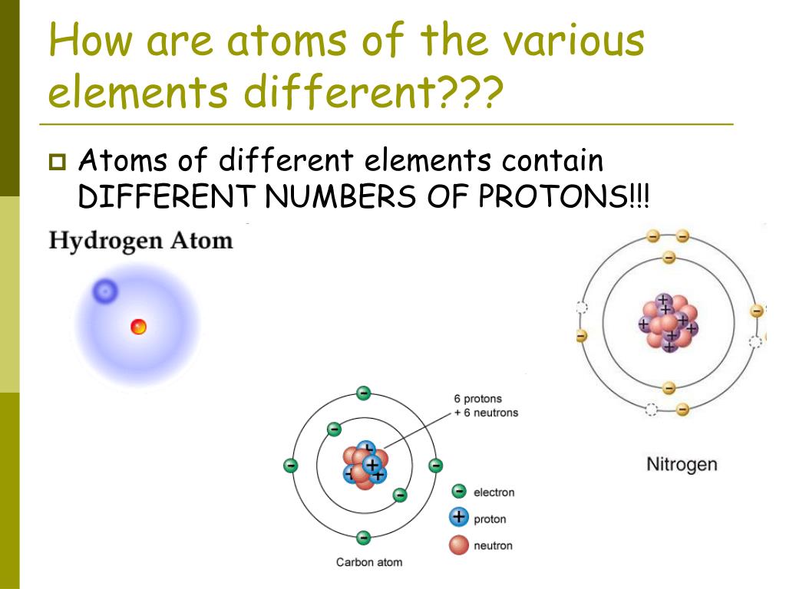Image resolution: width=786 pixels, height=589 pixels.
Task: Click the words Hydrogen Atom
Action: click(140, 241)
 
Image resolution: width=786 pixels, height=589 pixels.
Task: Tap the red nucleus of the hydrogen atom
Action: click(138, 327)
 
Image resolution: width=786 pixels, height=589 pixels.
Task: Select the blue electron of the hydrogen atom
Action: click(105, 291)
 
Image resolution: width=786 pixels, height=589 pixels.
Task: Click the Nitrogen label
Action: click(682, 464)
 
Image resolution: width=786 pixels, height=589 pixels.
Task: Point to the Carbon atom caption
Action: click(368, 562)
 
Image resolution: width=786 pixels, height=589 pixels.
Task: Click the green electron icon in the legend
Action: click(459, 492)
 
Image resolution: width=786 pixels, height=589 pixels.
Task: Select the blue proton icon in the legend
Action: click(459, 518)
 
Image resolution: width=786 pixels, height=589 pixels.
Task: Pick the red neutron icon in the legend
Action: click(459, 545)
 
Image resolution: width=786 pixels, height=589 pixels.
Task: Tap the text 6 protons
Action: click(477, 399)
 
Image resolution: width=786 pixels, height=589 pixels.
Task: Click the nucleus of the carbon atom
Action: click(365, 465)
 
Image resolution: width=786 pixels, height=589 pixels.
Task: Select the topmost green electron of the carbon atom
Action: click(364, 393)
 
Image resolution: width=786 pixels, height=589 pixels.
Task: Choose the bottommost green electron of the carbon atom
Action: click(364, 537)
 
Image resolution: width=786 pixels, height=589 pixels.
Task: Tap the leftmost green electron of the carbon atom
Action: click(291, 465)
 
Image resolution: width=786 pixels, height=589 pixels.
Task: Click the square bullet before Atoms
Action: click(57, 163)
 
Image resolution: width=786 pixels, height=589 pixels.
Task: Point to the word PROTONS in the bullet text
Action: click(552, 198)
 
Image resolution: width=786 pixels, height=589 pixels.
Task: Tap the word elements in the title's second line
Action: click(138, 92)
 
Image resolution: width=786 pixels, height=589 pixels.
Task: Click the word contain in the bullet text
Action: click(553, 162)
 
